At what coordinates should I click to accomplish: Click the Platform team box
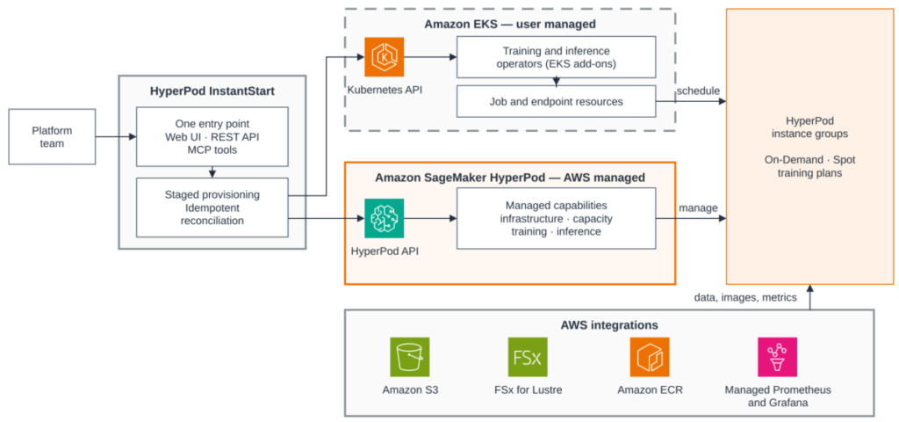pyautogui.click(x=52, y=136)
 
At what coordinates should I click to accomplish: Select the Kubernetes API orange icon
pyautogui.click(x=385, y=57)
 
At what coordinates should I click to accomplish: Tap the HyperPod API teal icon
pyautogui.click(x=385, y=218)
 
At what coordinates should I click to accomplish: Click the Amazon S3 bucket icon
pyautogui.click(x=409, y=357)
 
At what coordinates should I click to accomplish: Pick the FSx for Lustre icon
pyautogui.click(x=528, y=357)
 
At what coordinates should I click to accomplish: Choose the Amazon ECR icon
pyautogui.click(x=650, y=357)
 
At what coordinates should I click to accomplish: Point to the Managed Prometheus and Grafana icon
pyautogui.click(x=777, y=357)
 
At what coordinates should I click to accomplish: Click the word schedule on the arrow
pyautogui.click(x=698, y=91)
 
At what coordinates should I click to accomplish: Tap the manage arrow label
pyautogui.click(x=698, y=207)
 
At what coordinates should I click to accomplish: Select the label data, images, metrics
pyautogui.click(x=745, y=297)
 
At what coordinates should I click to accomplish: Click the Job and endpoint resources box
pyautogui.click(x=556, y=102)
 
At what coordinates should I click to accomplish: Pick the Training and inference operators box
pyautogui.click(x=556, y=57)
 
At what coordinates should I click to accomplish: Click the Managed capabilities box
pyautogui.click(x=556, y=218)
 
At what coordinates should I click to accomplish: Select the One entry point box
pyautogui.click(x=212, y=136)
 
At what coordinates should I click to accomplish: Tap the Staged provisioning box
pyautogui.click(x=212, y=207)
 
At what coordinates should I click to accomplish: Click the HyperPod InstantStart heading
pyautogui.click(x=212, y=91)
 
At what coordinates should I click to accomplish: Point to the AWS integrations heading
pyautogui.click(x=609, y=325)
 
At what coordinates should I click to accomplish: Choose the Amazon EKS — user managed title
pyautogui.click(x=510, y=25)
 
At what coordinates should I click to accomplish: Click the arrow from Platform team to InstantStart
pyautogui.click(x=116, y=136)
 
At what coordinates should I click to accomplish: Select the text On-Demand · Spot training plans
pyautogui.click(x=810, y=166)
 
